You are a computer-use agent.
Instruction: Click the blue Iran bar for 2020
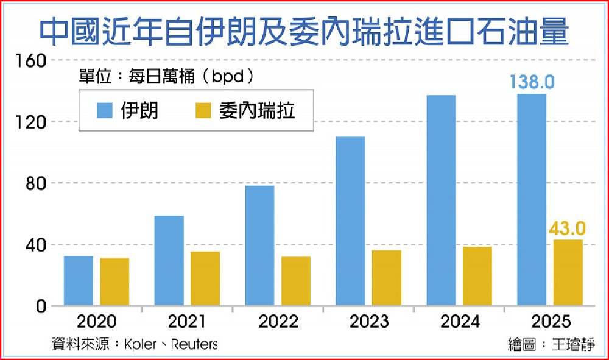point(78,281)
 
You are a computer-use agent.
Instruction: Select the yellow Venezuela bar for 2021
point(205,278)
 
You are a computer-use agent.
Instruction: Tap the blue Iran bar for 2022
point(259,245)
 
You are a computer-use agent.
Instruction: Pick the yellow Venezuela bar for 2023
point(387,278)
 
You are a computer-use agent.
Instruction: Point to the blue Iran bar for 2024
point(441,200)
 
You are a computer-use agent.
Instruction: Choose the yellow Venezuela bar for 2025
point(568,272)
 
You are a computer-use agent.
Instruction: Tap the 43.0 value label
point(567,228)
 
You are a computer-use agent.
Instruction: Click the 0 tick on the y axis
point(40,306)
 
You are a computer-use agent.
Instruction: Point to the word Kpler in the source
point(139,344)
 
